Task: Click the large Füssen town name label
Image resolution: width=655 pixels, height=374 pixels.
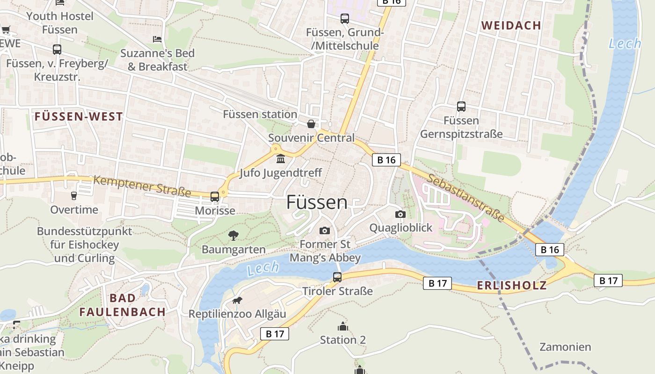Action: [x=317, y=202]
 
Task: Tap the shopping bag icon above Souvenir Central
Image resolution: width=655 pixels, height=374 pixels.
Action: [x=311, y=124]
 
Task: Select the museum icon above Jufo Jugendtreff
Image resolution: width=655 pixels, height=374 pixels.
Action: [x=281, y=159]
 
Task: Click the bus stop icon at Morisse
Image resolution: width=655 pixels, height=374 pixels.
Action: [x=215, y=197]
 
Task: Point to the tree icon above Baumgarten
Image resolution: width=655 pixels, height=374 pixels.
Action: [x=233, y=236]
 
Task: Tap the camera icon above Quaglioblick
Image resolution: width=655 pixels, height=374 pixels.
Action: [x=400, y=214]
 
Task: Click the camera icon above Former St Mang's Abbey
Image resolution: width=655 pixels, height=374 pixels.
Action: [x=324, y=230]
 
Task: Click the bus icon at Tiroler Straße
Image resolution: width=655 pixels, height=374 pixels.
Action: [x=337, y=277]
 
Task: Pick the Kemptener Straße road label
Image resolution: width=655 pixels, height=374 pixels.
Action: [x=142, y=186]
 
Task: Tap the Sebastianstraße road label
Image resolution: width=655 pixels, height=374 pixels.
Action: [x=466, y=199]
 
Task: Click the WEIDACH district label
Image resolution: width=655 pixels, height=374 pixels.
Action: [x=511, y=26]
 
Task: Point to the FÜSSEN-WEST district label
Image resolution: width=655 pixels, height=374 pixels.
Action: [x=79, y=117]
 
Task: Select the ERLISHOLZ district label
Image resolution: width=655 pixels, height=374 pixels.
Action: [x=511, y=286]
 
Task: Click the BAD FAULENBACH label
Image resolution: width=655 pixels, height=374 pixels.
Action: [x=123, y=305]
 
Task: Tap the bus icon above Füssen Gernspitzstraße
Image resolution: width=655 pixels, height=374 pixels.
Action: [x=461, y=107]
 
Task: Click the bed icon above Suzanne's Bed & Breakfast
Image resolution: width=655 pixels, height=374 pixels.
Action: [x=158, y=39]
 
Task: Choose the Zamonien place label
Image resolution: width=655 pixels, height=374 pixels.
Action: [x=565, y=347]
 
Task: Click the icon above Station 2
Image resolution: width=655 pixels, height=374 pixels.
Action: [x=343, y=326]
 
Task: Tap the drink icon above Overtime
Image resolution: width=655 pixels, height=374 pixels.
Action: [x=73, y=196]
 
